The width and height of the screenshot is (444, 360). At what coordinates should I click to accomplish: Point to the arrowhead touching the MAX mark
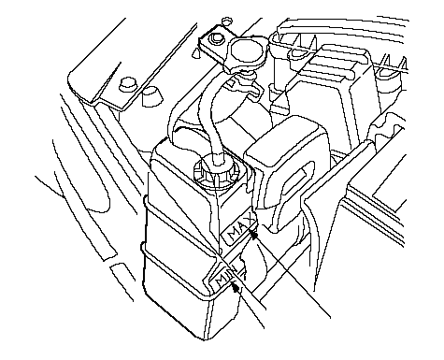point(254,234)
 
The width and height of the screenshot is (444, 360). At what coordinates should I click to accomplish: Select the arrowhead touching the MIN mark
point(236,287)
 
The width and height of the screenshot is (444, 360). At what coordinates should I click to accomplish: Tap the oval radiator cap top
point(248,50)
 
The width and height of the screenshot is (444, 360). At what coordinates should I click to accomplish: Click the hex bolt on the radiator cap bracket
point(216,38)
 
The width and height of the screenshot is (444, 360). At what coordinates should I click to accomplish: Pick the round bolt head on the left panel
point(127,84)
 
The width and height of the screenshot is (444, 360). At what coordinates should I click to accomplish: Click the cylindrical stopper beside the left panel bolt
point(152,97)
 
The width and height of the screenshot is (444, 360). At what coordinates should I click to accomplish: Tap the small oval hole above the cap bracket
point(227,21)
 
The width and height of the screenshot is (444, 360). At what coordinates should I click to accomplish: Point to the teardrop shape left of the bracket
point(196,53)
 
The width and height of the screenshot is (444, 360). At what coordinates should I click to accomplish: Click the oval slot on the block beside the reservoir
point(296,180)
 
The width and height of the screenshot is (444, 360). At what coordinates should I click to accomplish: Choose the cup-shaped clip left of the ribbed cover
point(298,53)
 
